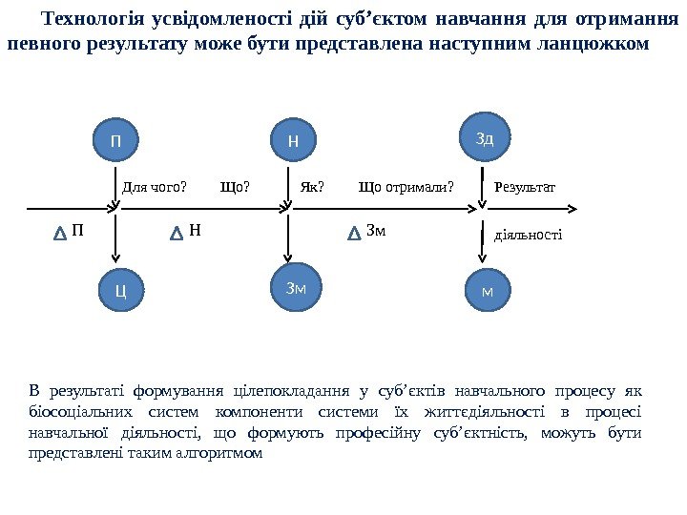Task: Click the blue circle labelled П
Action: [x=116, y=142]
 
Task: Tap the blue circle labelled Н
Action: [x=293, y=141]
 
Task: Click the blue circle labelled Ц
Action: [x=120, y=287]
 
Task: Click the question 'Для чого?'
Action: [x=155, y=187]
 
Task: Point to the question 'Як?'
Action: [x=312, y=187]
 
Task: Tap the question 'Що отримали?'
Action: [x=406, y=187]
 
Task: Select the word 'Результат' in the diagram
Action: [x=525, y=187]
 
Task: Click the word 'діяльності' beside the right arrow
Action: [x=528, y=234]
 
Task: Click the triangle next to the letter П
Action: [x=60, y=232]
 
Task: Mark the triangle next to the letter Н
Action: [x=177, y=232]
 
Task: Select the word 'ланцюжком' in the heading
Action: [x=598, y=44]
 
